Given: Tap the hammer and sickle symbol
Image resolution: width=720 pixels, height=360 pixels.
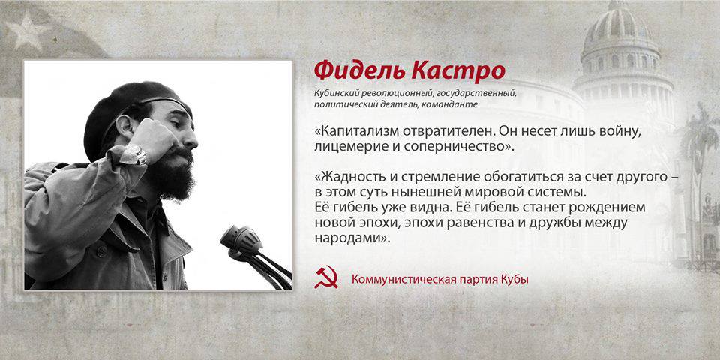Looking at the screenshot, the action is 326,277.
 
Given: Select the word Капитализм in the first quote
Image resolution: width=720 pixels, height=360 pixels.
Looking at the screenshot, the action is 351,131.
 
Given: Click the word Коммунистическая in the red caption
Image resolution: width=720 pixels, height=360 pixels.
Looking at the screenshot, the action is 398,279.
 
